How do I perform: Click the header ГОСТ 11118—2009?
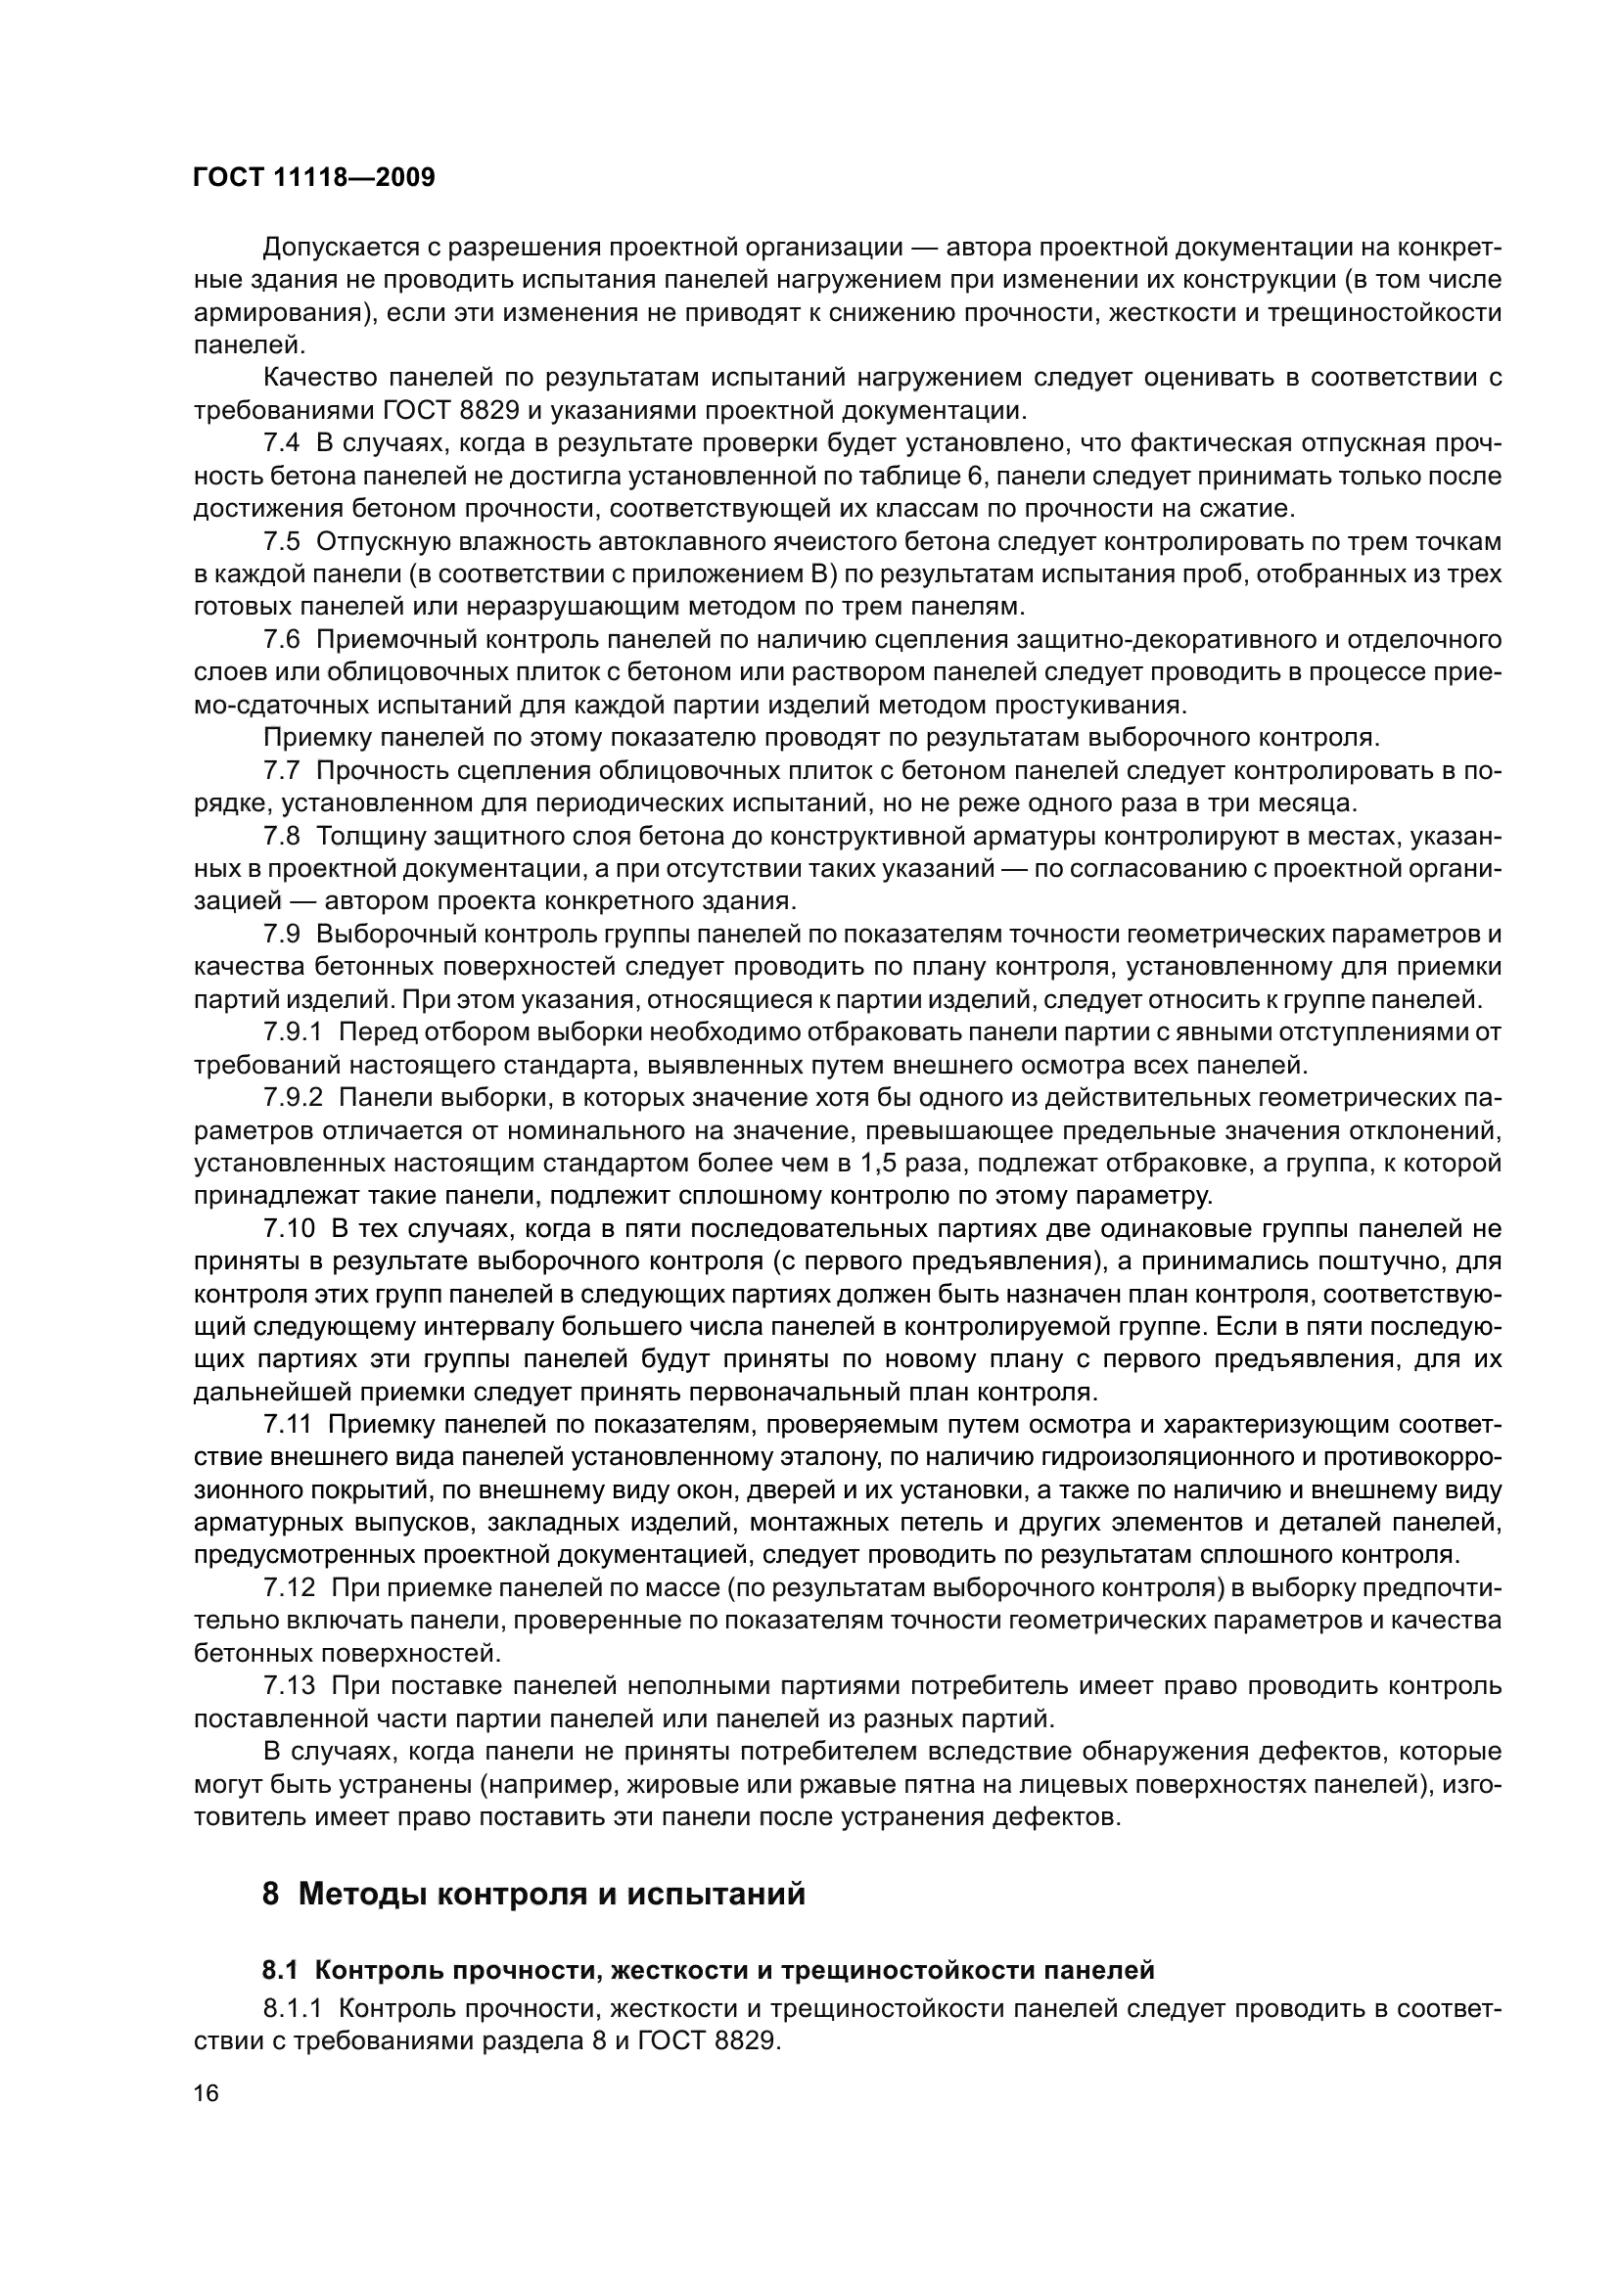point(314,178)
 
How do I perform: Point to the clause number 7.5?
point(281,542)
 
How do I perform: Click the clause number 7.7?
point(281,770)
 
